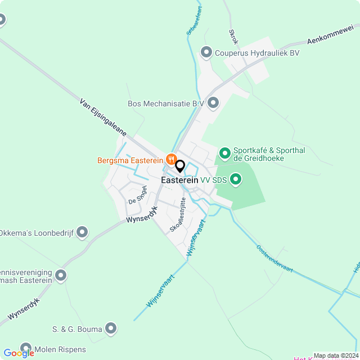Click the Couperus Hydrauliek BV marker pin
[206, 53]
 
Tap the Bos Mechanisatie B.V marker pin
[213, 103]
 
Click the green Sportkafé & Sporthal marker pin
[224, 153]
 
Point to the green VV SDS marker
[236, 179]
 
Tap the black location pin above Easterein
[180, 166]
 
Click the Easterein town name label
[179, 181]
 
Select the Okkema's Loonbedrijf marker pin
[83, 232]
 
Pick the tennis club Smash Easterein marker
[61, 276]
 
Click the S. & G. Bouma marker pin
[111, 328]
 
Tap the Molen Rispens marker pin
[25, 349]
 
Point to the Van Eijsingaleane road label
[102, 119]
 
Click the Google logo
[18, 353]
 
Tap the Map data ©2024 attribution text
[335, 355]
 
